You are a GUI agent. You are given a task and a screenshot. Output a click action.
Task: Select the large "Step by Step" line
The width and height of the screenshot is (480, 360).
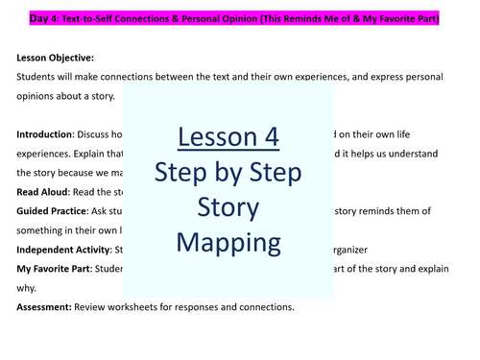pyautogui.click(x=228, y=174)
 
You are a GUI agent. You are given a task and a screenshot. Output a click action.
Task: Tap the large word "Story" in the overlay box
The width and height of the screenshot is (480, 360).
pyautogui.click(x=228, y=205)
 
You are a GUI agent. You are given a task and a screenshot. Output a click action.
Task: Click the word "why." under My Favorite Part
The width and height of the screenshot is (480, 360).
pyautogui.click(x=26, y=286)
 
